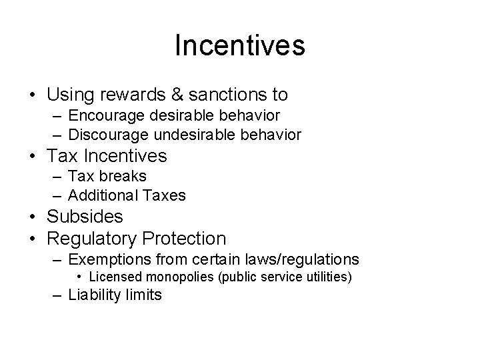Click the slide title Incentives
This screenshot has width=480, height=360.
click(240, 46)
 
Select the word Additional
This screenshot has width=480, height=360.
click(101, 195)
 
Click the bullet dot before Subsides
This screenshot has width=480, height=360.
click(33, 217)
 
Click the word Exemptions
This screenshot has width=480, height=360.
click(110, 259)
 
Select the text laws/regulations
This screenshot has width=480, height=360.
click(301, 259)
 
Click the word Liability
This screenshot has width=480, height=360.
click(95, 295)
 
